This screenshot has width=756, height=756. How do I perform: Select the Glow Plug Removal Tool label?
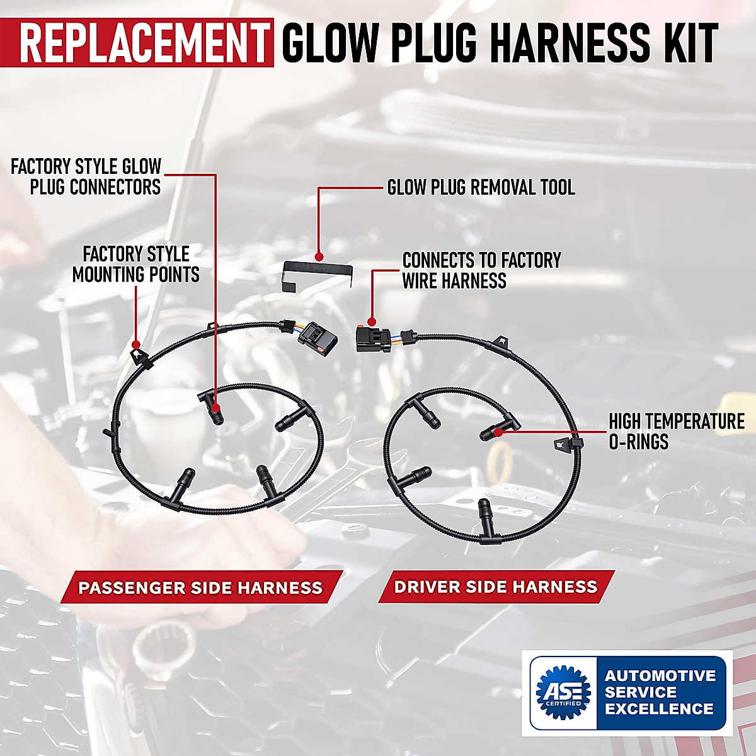(481, 187)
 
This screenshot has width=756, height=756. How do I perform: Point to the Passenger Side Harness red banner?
(200, 588)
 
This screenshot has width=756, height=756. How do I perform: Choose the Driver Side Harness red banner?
(496, 587)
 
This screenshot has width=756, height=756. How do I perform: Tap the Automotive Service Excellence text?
(660, 692)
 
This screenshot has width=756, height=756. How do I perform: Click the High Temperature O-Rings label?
(676, 432)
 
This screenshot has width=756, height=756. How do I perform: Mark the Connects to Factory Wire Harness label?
(481, 270)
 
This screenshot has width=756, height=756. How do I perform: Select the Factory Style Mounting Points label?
(136, 264)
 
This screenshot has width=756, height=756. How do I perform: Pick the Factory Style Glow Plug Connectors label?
(86, 177)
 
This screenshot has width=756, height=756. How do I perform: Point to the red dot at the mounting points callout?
(135, 345)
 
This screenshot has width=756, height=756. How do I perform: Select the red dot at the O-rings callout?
(499, 432)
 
